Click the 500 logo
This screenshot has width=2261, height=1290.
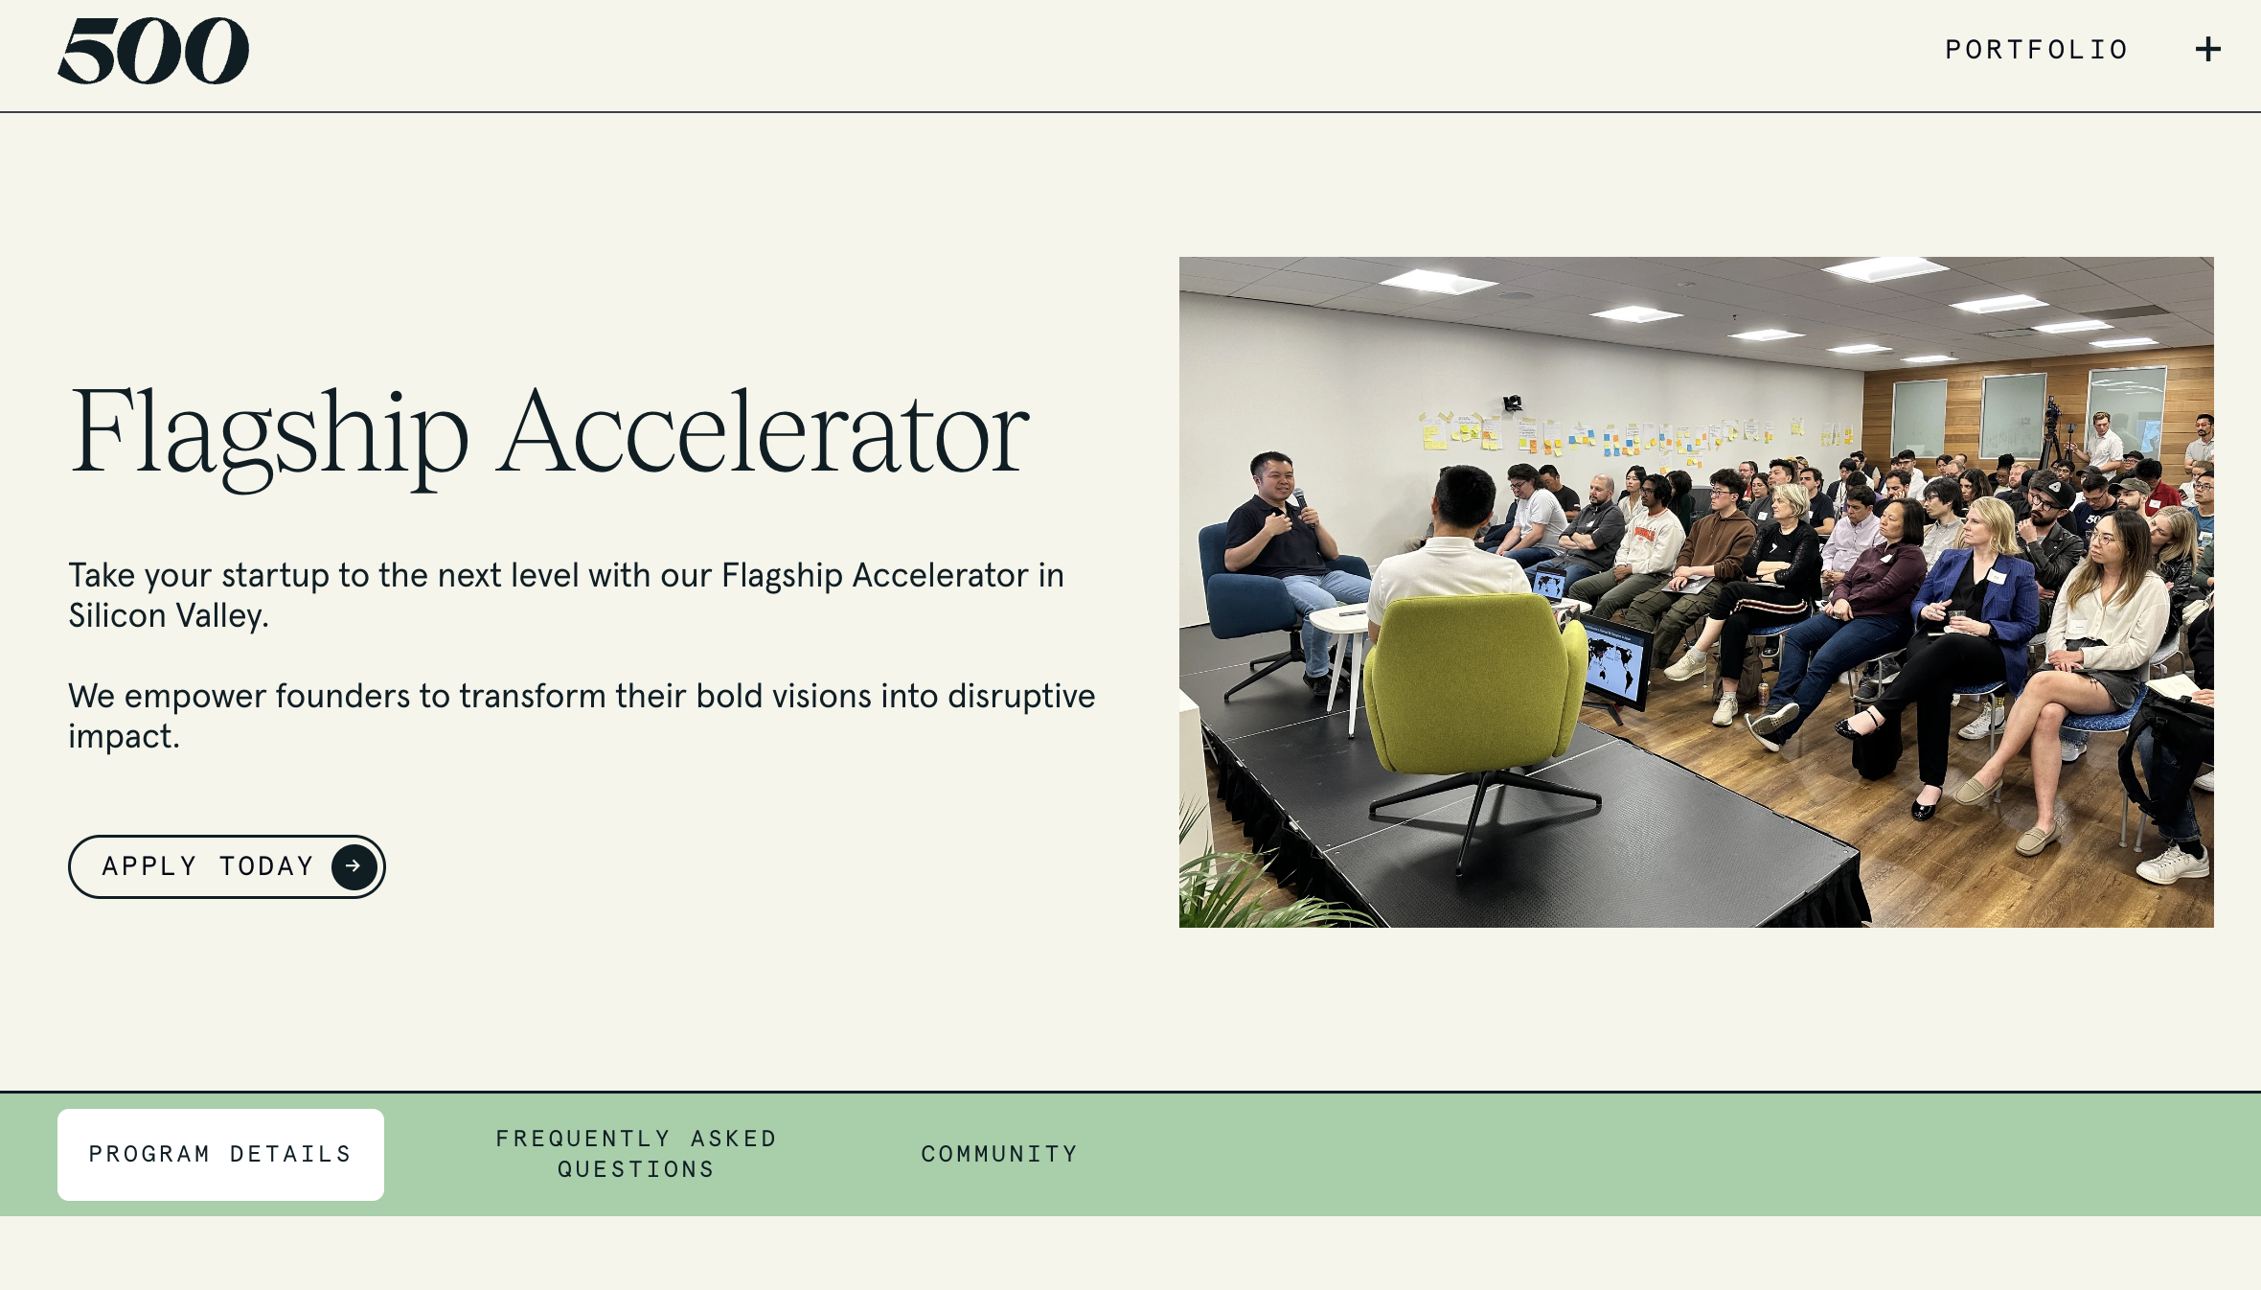coord(153,51)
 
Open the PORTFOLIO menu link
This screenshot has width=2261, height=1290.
coord(2037,50)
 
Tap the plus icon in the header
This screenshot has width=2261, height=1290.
coord(2208,50)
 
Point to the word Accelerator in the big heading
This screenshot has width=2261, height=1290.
coord(763,432)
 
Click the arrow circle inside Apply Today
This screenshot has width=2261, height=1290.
coord(354,866)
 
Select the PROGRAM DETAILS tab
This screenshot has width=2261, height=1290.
coord(220,1154)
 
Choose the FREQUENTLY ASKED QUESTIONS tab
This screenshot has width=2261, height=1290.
coord(636,1154)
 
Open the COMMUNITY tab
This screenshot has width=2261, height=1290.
coord(999,1154)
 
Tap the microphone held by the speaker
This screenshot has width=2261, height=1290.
coord(1301,501)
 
